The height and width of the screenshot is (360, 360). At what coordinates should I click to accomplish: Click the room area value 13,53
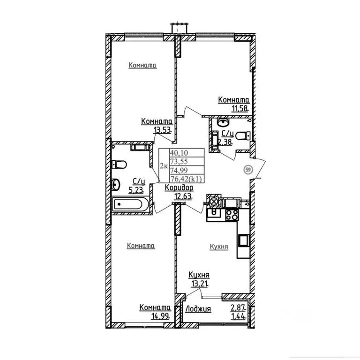point(163,130)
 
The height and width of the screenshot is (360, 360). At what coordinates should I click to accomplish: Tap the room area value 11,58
point(240,108)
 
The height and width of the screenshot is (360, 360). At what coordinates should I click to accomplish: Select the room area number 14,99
point(160,316)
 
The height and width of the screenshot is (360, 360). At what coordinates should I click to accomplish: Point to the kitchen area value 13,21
point(200,284)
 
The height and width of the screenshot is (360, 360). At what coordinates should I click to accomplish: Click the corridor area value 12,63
point(183,196)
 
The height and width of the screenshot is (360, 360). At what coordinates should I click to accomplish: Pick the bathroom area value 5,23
point(136,190)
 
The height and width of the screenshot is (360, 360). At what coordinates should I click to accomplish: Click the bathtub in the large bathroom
point(128,204)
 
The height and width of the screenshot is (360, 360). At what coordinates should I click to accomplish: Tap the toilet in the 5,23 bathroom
point(119,165)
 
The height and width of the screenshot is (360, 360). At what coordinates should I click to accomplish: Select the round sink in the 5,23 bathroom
point(115,185)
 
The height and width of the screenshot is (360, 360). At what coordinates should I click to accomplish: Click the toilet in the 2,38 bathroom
point(243,135)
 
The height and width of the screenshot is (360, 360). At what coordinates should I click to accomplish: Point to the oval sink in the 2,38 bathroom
point(223,122)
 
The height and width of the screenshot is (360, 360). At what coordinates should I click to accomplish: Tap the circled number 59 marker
point(247,170)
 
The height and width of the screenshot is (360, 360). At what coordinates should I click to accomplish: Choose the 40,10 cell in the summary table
point(187,153)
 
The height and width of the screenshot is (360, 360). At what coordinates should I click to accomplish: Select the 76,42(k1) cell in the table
point(187,179)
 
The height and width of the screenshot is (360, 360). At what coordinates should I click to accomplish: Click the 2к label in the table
point(164,166)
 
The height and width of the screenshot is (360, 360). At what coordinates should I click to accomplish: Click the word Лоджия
point(198,309)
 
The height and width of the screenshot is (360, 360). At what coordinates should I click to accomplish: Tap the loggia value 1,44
point(238,316)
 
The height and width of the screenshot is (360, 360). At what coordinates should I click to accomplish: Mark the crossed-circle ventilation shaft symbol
point(214,202)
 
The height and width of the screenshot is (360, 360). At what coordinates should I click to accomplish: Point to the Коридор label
point(179,188)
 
